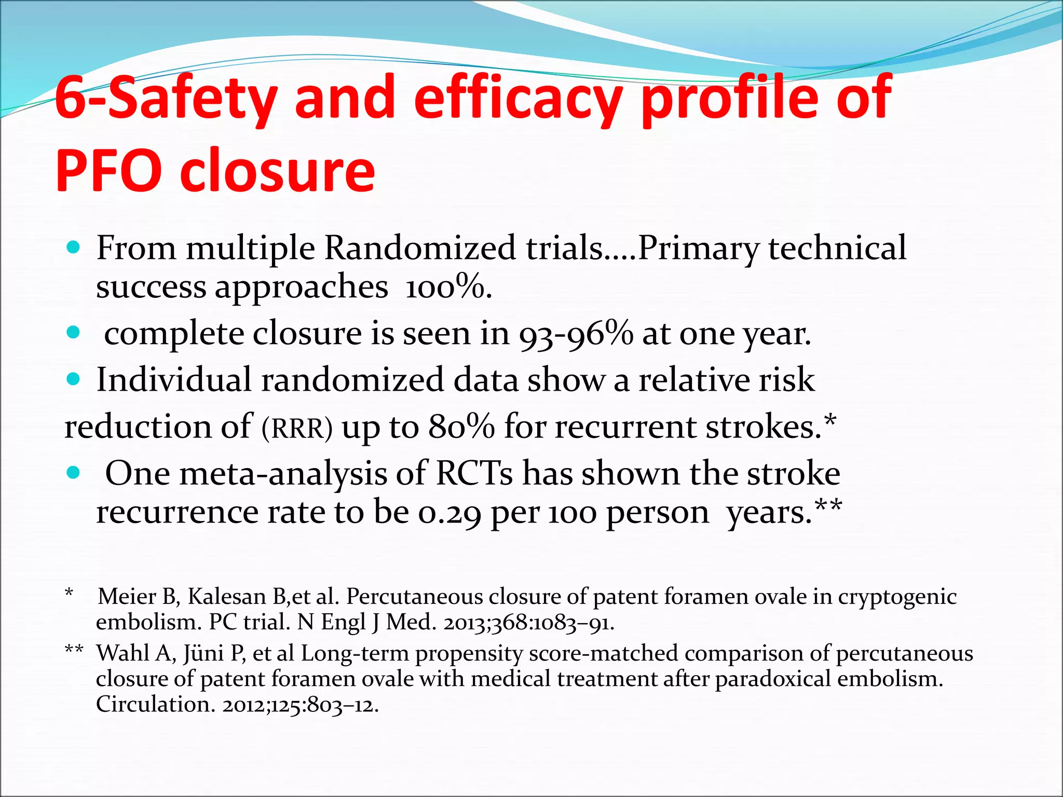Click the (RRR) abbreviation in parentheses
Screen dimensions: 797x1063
[x=296, y=429]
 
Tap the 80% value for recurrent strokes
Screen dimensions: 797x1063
[x=461, y=427]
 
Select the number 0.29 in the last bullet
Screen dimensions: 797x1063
[x=449, y=513]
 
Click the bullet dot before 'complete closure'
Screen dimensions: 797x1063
[x=74, y=333]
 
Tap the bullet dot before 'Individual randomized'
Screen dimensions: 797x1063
[x=74, y=379]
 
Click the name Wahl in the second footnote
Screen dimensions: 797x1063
[x=123, y=653]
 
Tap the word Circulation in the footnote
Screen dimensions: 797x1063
[x=153, y=705]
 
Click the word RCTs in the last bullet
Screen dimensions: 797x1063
[x=474, y=474]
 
